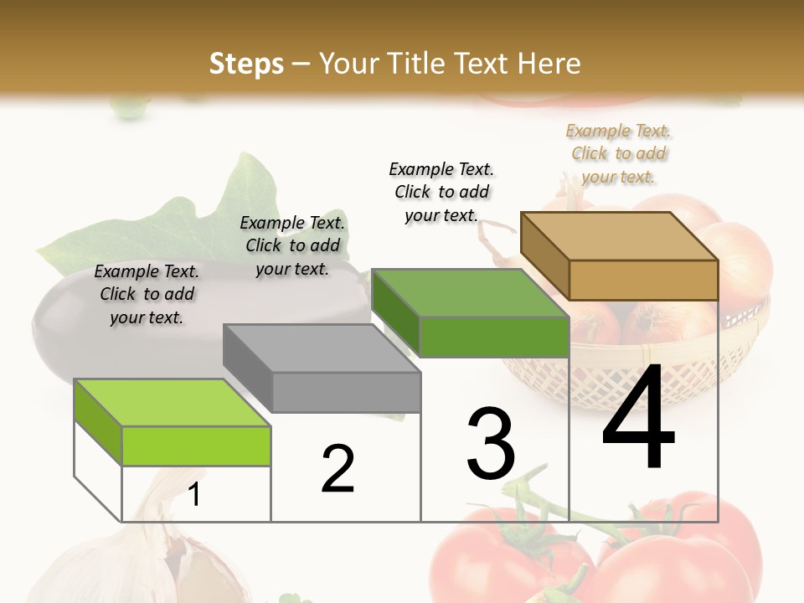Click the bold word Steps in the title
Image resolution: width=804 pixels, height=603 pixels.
point(246,64)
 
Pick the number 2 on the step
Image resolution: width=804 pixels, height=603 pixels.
point(338,469)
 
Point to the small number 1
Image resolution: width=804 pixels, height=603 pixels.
point(194,495)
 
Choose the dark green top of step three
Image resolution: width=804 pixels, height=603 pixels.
point(469,293)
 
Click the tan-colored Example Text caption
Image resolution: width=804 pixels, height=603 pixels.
point(619,153)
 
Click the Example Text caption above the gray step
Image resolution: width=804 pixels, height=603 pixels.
point(292,245)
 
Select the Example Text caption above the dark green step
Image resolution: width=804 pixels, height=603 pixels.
point(441,192)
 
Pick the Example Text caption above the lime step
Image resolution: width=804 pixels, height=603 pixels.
point(147,294)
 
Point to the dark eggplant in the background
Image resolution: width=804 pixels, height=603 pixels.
point(67,331)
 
